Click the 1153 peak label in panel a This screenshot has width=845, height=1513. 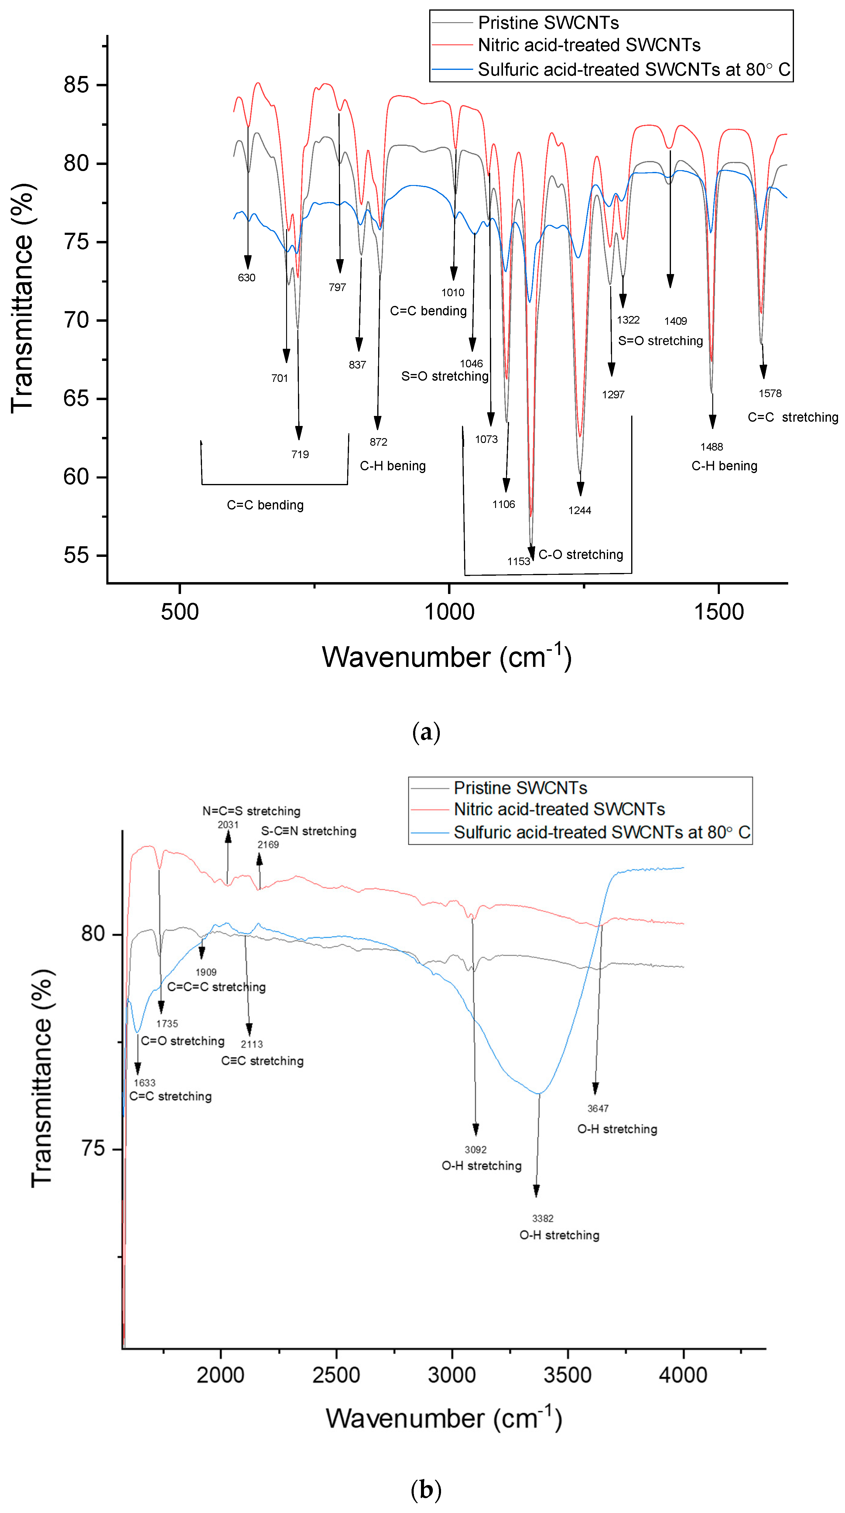(518, 561)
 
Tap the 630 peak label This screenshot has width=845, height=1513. (247, 278)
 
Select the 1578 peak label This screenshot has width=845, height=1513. (770, 393)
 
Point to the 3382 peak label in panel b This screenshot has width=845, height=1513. (542, 1219)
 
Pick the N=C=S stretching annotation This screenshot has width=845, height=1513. (251, 811)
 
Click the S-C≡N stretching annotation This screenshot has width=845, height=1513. (308, 831)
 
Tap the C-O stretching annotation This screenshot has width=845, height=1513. (581, 554)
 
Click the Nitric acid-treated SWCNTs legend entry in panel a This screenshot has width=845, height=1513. (589, 45)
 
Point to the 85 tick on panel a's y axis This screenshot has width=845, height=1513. (76, 85)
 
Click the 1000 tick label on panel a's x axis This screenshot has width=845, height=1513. (449, 612)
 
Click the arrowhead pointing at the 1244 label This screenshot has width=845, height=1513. (580, 489)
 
